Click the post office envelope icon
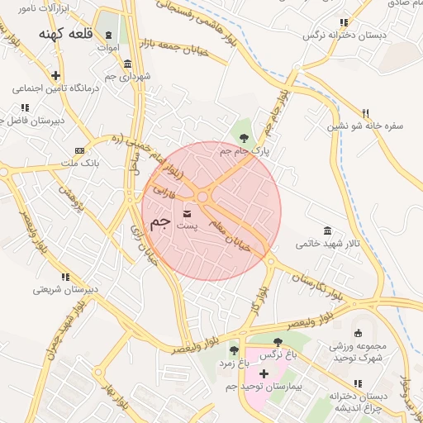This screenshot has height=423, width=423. [202, 197]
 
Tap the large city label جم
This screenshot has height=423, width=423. [161, 224]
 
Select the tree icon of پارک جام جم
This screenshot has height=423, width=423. [244, 138]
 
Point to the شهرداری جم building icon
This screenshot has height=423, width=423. [127, 64]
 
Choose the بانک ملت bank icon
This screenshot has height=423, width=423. [79, 150]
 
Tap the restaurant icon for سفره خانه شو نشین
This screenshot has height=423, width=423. [364, 113]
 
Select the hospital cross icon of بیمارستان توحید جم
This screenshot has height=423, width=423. [264, 374]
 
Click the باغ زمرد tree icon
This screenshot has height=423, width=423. [233, 350]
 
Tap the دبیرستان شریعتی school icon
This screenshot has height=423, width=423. [69, 277]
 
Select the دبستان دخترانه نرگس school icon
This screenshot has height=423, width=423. [344, 23]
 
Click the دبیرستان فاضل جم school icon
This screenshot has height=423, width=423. [25, 107]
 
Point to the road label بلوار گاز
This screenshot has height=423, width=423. [258, 300]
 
